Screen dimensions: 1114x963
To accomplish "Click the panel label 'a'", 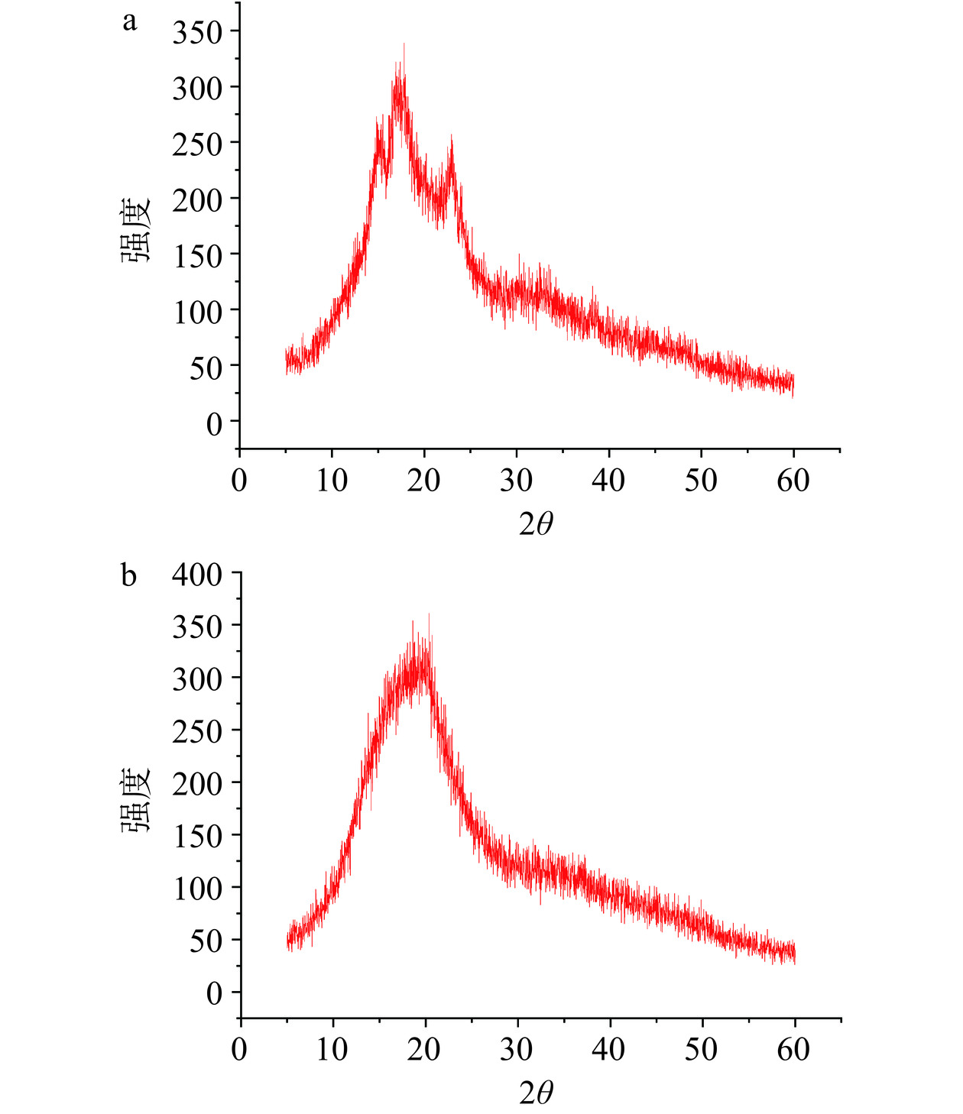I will [x=130, y=21].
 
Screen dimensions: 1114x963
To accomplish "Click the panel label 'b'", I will [x=129, y=575].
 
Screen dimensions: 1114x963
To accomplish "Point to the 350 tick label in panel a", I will [x=196, y=32].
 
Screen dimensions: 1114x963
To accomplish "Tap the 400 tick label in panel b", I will [x=196, y=574].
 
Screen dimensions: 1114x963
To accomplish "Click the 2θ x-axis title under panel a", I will [x=536, y=524].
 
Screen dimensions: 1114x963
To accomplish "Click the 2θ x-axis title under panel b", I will [x=536, y=1093].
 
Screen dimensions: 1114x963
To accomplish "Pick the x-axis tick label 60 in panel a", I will [x=793, y=480].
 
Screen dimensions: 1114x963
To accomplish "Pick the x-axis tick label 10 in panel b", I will [x=332, y=1049].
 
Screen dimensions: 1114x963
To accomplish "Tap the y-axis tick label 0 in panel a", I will [x=214, y=423].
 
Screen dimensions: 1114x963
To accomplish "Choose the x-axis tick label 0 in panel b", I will [x=240, y=1049].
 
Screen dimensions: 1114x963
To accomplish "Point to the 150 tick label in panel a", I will [x=196, y=255].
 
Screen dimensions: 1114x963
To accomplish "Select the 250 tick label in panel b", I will [x=196, y=731].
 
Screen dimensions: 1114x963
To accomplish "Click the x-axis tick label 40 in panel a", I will [x=608, y=480].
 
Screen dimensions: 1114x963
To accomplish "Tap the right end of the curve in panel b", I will [x=795, y=954].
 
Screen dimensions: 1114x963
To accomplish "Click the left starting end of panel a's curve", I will [x=286, y=359].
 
